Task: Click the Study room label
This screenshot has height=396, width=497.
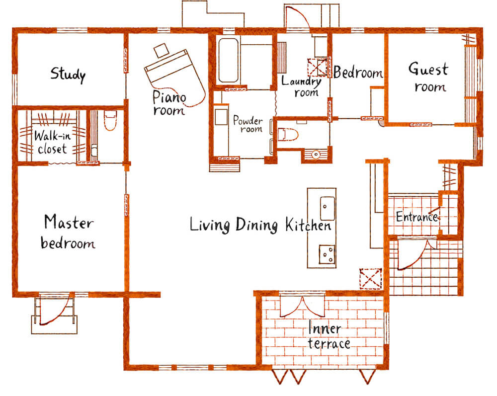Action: point(68,75)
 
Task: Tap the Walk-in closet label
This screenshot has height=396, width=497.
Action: point(52,142)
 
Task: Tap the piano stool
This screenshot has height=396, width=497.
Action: point(162,50)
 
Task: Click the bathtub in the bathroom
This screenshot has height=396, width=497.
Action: point(229,60)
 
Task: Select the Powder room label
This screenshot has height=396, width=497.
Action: point(248,124)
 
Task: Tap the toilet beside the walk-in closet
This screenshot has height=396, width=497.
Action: point(110,120)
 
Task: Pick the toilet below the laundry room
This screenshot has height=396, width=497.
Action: point(288,134)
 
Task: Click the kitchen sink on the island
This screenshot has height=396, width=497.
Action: point(328,208)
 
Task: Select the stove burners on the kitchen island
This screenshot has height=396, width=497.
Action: point(327,254)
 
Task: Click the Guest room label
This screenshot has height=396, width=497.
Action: point(428,77)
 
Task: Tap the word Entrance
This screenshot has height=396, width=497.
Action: point(417,217)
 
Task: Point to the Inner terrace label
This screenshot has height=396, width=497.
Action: point(329,336)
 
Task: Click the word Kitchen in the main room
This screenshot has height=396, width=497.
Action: point(308,225)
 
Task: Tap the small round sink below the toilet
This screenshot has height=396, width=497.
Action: point(316,155)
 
